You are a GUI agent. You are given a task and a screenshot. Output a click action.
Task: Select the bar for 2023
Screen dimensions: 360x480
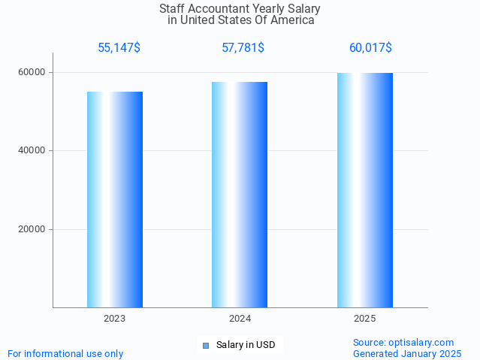point(115,199)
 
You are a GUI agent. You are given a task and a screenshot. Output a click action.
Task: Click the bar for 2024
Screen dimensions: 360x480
point(240,194)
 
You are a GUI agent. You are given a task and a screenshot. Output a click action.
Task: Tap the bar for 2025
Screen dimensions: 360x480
point(365,189)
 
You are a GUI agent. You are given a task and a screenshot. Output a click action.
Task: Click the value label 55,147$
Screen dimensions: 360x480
point(119,48)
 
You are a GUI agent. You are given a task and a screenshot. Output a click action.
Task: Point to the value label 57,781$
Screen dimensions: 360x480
point(243,48)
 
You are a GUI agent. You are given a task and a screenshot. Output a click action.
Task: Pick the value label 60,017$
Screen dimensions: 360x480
point(370,48)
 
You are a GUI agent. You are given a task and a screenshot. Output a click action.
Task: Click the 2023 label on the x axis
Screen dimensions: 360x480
point(115,319)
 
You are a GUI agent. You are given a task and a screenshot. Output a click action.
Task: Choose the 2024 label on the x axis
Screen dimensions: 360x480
point(240,319)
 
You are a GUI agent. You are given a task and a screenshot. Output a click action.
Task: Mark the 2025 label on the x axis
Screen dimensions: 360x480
point(365,319)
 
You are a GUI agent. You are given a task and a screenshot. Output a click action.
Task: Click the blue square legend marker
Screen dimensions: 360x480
point(206,346)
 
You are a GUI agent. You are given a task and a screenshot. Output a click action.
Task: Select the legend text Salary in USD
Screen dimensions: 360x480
point(246,346)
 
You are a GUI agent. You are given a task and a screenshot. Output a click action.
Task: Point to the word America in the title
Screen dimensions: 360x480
point(291,20)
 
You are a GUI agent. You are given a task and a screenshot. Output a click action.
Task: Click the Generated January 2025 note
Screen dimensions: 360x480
point(407,353)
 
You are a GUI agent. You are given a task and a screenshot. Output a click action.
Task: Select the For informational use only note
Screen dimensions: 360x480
point(65,353)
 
